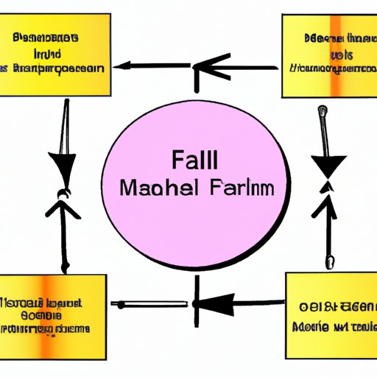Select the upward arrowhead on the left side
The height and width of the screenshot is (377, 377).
pyautogui.click(x=62, y=208)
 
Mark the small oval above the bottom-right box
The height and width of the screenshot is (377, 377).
pyautogui.click(x=329, y=261)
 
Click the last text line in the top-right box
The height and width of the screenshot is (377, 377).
pyautogui.click(x=330, y=68)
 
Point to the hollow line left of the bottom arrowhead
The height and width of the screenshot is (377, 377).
pyautogui.click(x=147, y=303)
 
